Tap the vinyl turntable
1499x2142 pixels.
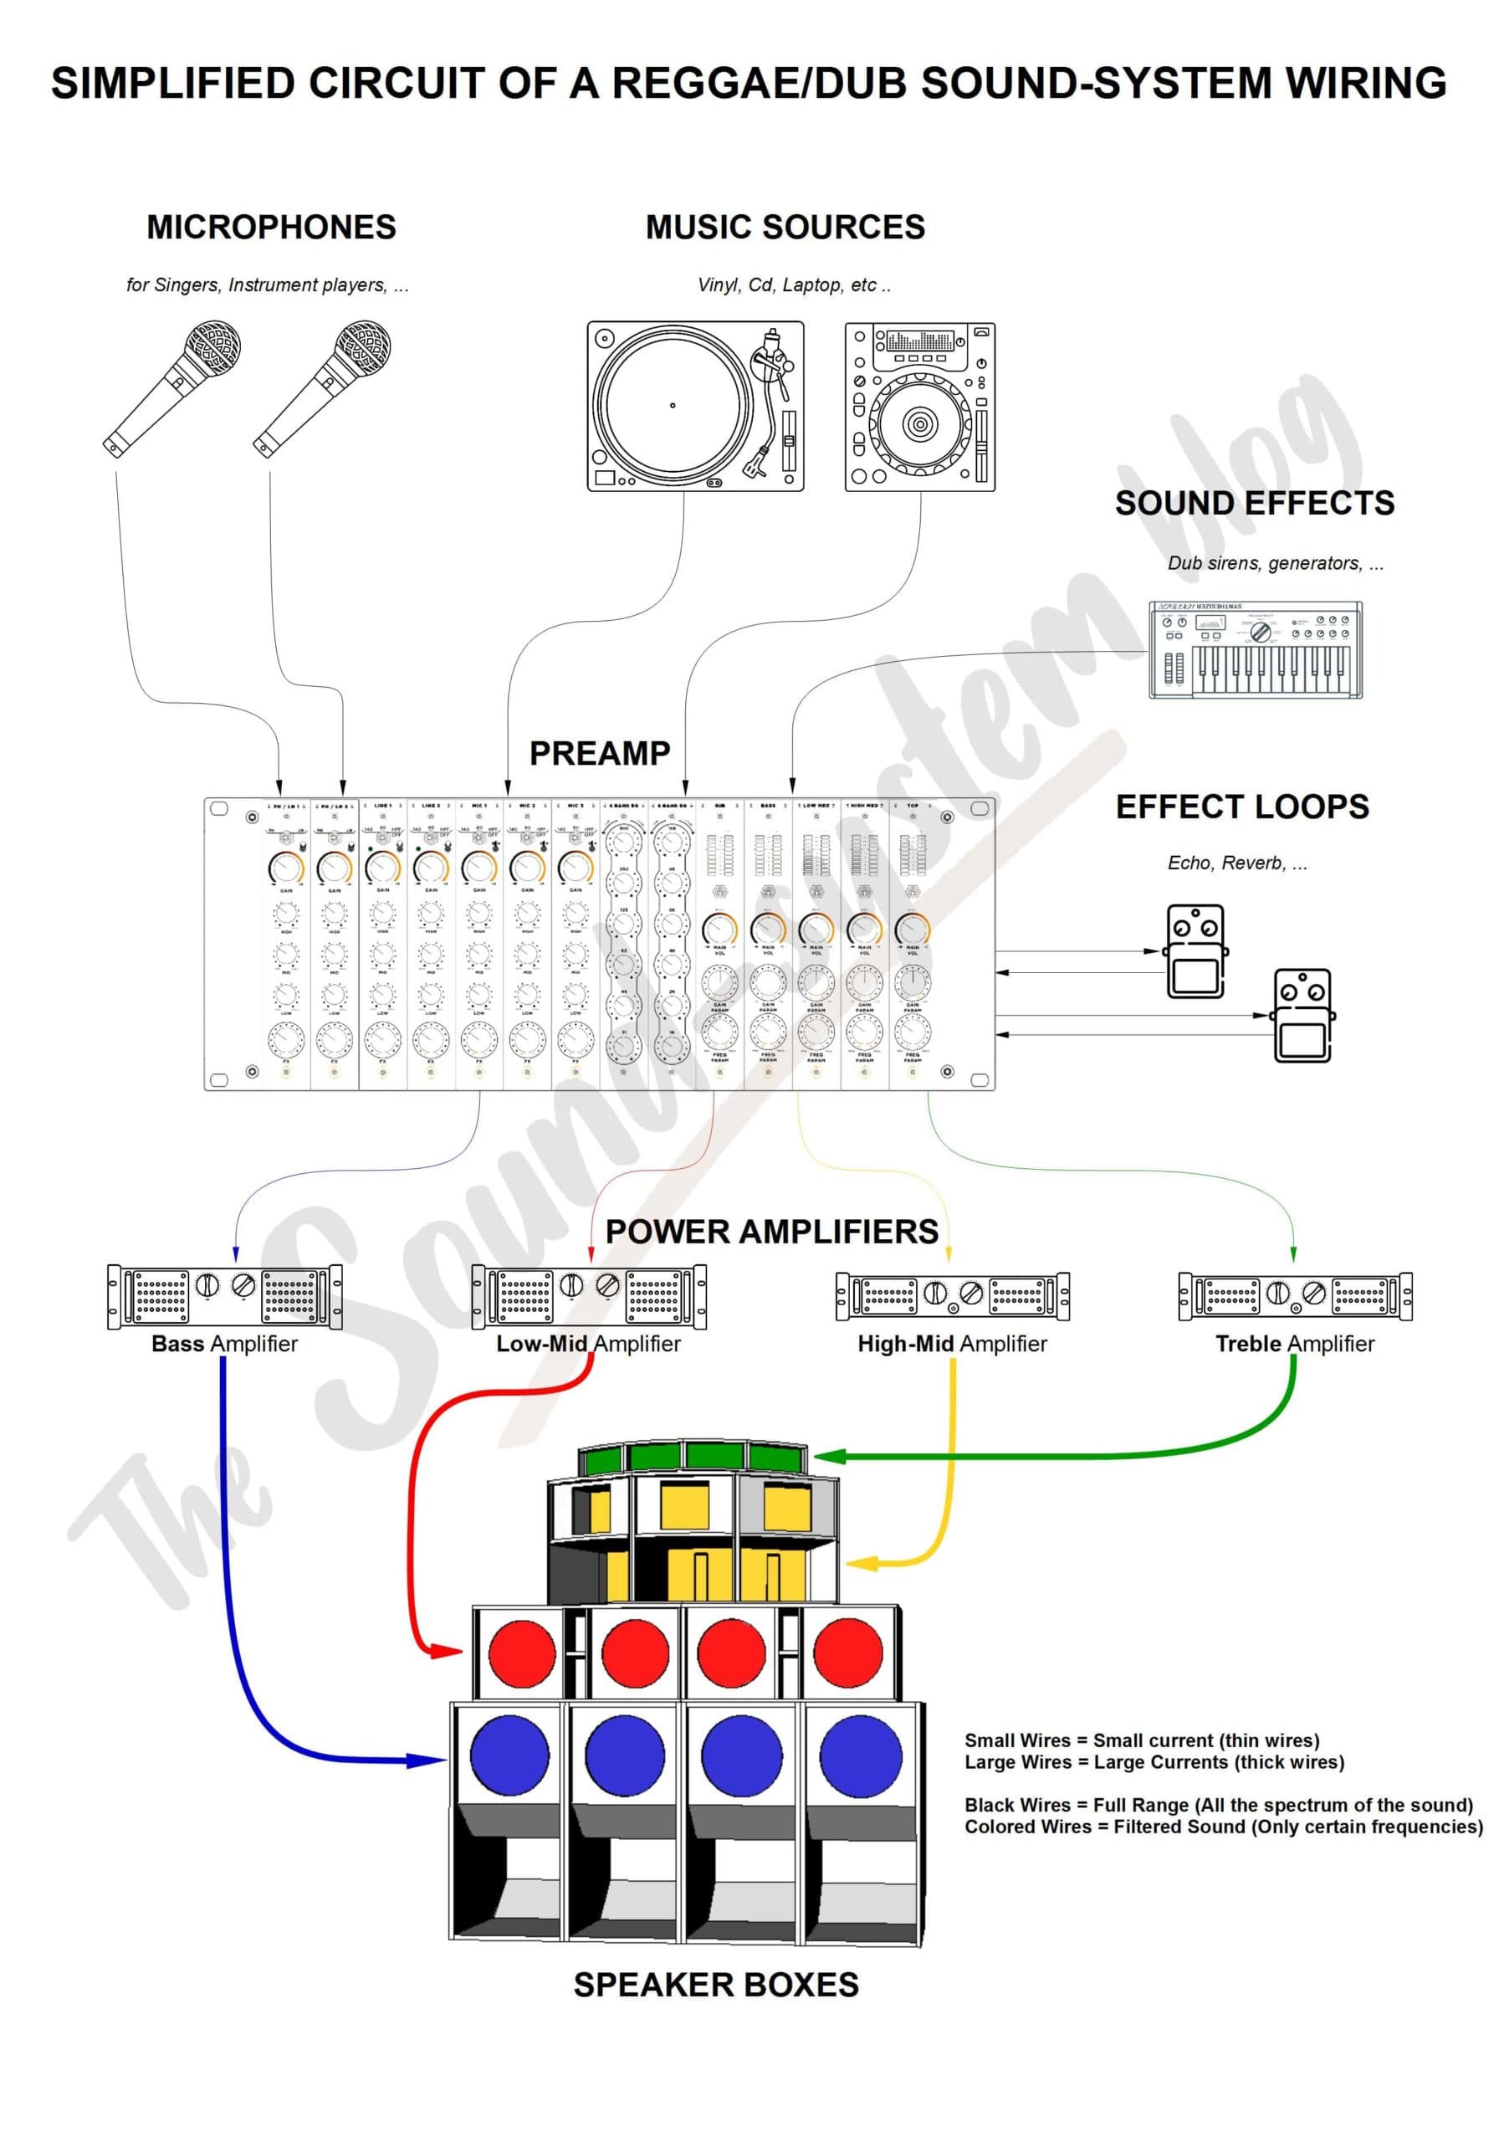coord(695,406)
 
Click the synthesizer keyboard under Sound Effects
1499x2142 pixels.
coord(1255,650)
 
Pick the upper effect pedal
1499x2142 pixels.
coord(1195,951)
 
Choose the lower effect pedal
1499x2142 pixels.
coord(1302,1015)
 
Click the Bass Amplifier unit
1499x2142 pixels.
coord(225,1296)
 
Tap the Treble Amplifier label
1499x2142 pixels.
coord(1295,1344)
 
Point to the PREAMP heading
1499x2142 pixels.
coord(600,753)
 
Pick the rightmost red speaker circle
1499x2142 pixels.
coord(848,1653)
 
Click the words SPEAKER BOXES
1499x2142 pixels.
coord(715,1985)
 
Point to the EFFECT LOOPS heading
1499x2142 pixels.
coord(1241,806)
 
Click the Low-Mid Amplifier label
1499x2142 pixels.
coord(588,1344)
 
